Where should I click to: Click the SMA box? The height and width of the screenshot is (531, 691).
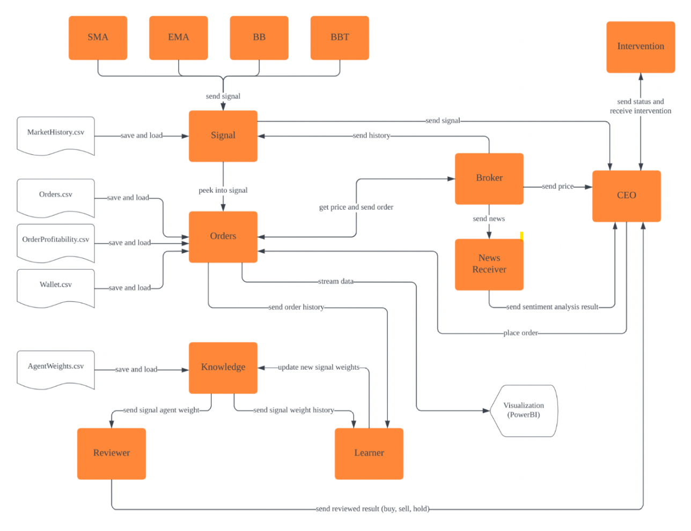98,38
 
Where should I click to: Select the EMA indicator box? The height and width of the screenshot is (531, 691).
178,38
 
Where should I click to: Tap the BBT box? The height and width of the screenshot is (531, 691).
340,38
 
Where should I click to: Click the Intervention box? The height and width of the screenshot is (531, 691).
641,47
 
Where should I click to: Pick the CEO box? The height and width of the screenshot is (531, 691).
626,196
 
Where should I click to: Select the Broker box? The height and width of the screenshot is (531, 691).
489,178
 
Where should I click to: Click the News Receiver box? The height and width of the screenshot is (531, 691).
489,264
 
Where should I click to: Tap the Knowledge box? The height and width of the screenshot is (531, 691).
223,368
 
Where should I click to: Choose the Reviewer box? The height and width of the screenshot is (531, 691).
112,453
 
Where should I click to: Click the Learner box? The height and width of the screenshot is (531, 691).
369,453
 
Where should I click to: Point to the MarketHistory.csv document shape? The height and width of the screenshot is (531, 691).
56,135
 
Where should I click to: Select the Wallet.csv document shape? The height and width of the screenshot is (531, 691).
56,288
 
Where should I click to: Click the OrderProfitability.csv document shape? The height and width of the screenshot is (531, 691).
56,242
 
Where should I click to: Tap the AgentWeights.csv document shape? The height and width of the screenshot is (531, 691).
56,369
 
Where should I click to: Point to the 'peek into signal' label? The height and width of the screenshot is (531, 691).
223,190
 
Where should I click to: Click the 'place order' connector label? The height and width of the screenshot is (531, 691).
520,333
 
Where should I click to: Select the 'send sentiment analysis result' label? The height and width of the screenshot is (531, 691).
552,307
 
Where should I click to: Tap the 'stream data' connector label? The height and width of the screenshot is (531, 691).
336,281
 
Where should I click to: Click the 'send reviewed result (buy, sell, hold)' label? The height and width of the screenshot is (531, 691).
372,508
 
